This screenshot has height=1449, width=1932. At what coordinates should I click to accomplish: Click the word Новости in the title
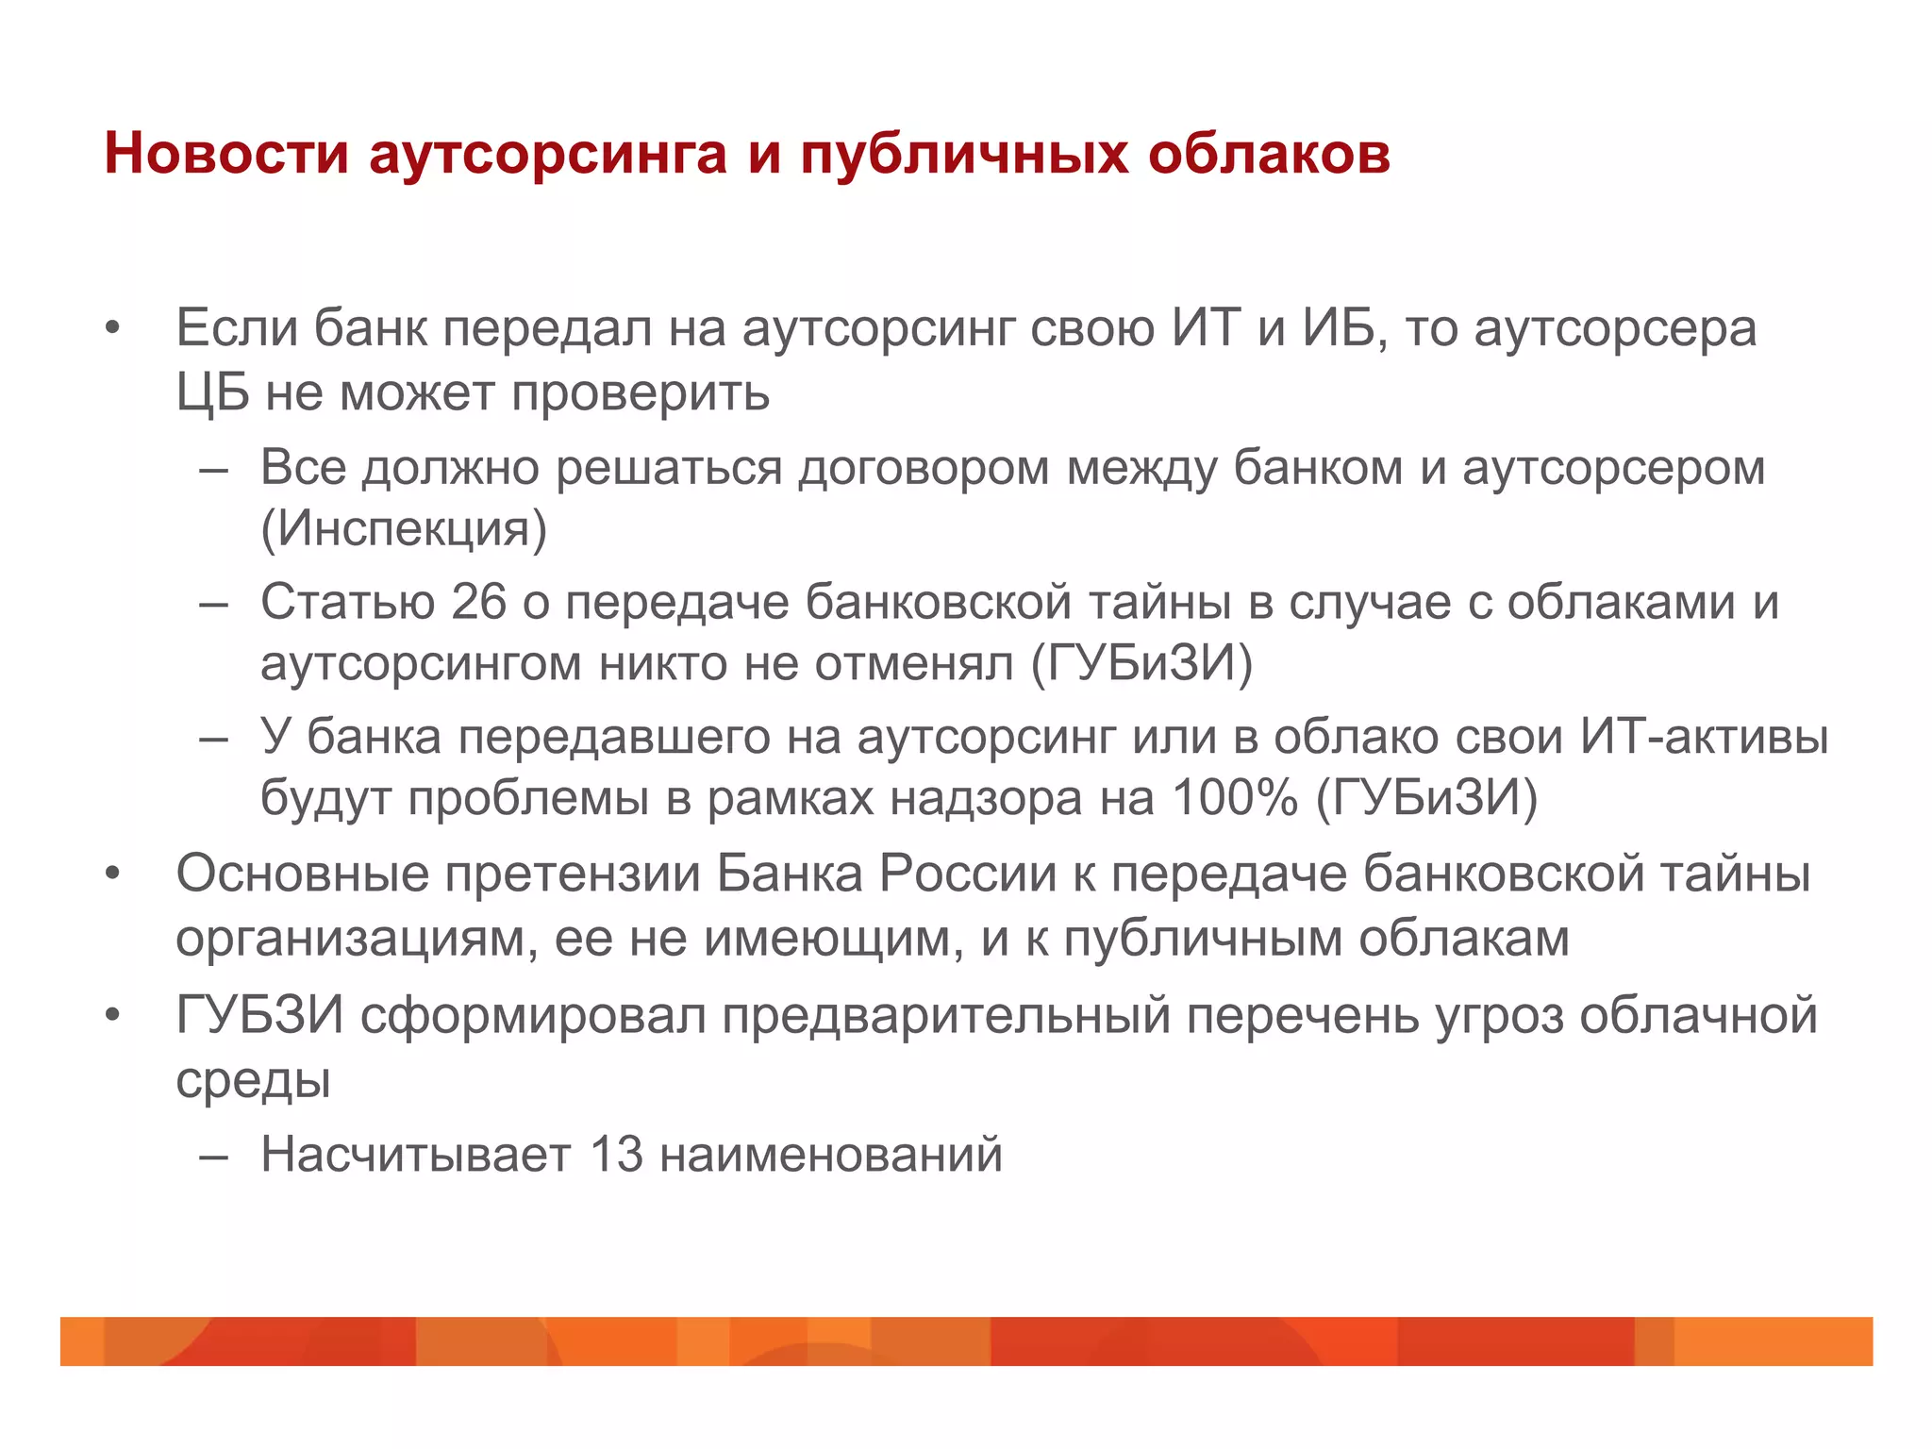point(226,153)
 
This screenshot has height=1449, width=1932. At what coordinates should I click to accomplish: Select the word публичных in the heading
point(963,155)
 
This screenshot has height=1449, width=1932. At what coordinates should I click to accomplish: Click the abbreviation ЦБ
point(212,392)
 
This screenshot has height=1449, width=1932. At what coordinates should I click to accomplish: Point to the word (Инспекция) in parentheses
point(404,528)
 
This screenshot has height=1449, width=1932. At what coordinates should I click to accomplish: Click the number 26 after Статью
point(479,602)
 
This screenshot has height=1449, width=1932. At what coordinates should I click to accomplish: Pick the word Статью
point(347,602)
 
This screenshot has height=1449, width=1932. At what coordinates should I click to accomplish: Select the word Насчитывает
point(416,1154)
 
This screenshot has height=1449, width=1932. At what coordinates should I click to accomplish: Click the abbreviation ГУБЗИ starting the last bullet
point(259,1016)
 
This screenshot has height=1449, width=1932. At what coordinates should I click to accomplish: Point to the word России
point(968,874)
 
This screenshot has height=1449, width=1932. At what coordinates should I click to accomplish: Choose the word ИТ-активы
point(1705,737)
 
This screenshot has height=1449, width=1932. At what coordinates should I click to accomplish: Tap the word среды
point(253,1080)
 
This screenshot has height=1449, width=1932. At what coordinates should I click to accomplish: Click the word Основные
point(302,874)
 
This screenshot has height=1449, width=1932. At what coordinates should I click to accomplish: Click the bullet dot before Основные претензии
point(113,874)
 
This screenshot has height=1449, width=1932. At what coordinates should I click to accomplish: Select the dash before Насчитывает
point(214,1156)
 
